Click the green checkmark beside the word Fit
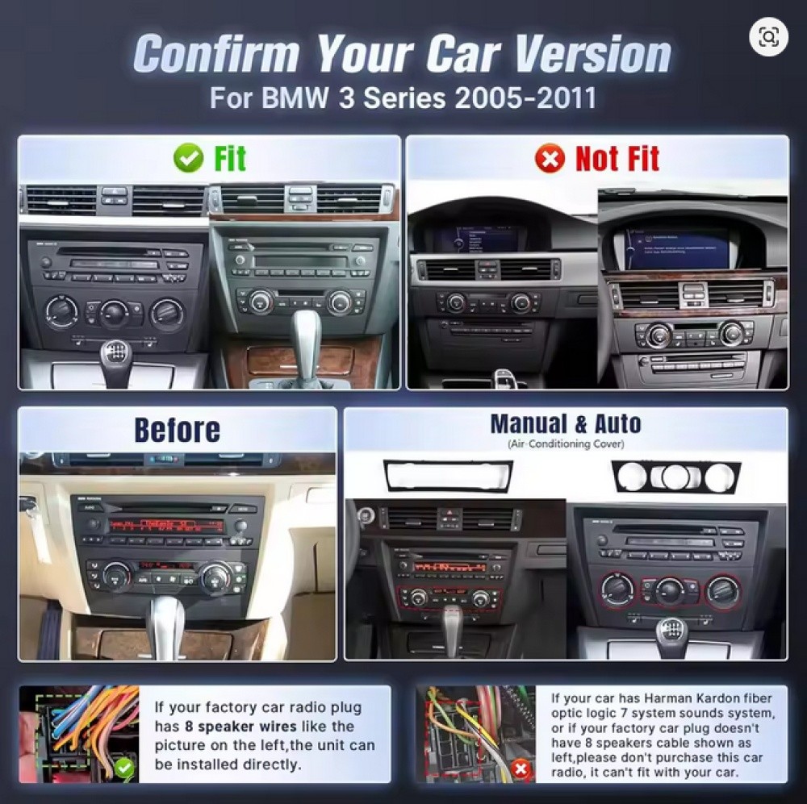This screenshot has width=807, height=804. tap(189, 159)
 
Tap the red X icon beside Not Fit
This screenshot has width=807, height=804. tap(550, 159)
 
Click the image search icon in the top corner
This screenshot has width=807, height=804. tap(767, 37)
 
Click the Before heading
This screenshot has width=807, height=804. tap(177, 431)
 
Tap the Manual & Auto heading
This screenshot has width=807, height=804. tap(565, 423)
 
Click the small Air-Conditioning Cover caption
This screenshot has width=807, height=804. tap(565, 444)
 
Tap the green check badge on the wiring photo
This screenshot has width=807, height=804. tap(124, 768)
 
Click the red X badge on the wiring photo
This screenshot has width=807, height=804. tap(521, 768)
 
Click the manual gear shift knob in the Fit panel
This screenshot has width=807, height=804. tap(115, 354)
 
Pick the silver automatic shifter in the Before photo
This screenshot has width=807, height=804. tap(166, 617)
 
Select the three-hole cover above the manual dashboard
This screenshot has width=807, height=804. tap(675, 477)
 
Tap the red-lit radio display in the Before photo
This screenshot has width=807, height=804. tap(166, 526)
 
